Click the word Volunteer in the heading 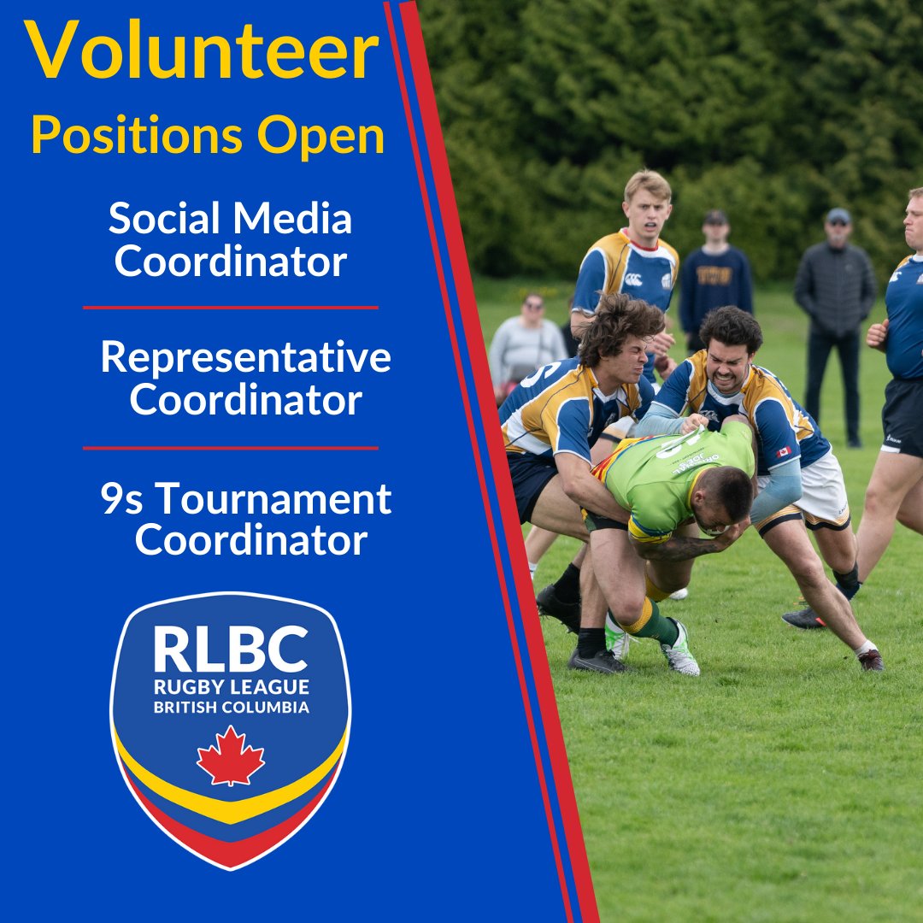click(202, 54)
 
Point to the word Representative click(245, 358)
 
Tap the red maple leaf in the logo click(230, 755)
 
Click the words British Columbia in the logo click(230, 708)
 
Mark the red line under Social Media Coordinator click(230, 307)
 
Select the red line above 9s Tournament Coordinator click(230, 447)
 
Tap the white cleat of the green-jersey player click(679, 655)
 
